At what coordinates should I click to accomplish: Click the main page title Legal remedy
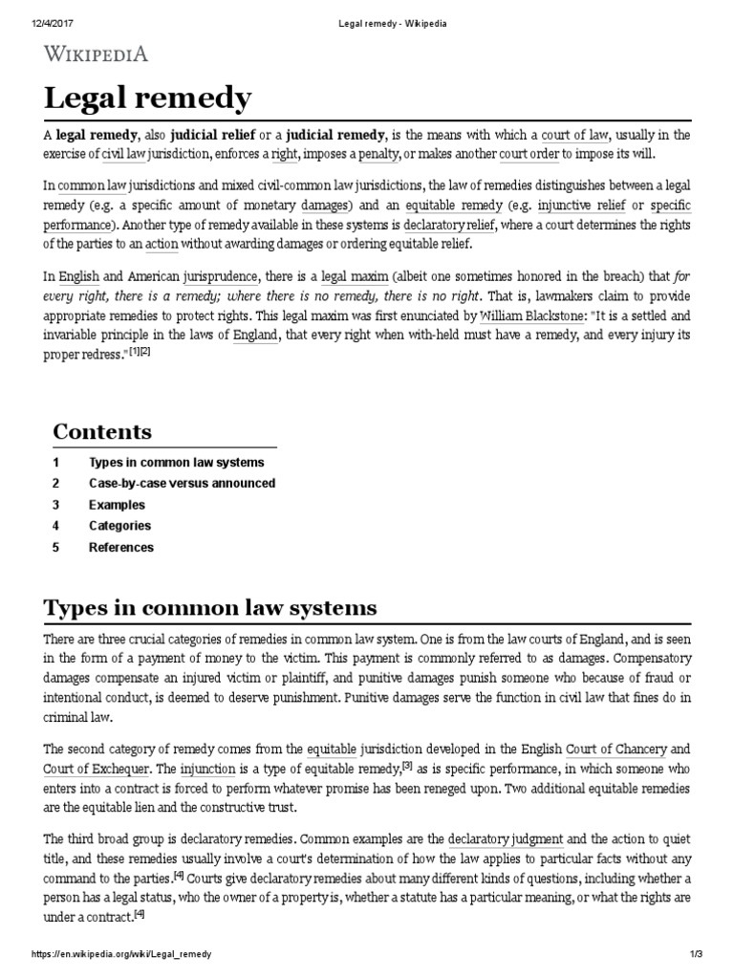pyautogui.click(x=148, y=98)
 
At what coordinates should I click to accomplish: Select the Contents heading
pyautogui.click(x=102, y=431)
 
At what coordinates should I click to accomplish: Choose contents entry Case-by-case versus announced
pyautogui.click(x=182, y=483)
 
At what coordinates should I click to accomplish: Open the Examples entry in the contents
pyautogui.click(x=117, y=505)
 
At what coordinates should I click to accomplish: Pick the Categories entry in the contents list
pyautogui.click(x=119, y=526)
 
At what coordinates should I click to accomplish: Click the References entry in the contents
pyautogui.click(x=120, y=548)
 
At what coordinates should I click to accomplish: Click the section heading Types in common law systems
pyautogui.click(x=210, y=608)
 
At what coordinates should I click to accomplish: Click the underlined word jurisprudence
pyautogui.click(x=221, y=271)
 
